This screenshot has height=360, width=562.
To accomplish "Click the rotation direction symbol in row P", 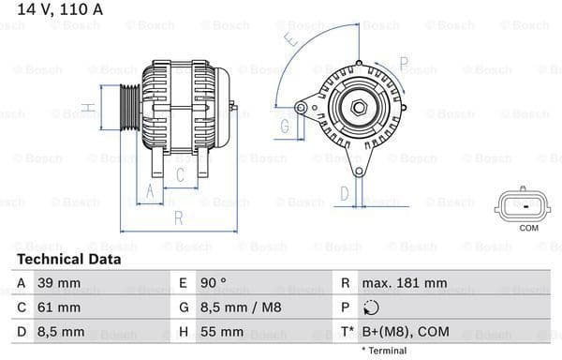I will click(372, 307).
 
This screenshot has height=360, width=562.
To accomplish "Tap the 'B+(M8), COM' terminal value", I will click(406, 332).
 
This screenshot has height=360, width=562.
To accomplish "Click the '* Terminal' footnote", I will click(382, 351).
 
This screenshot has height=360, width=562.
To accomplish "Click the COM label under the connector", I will click(528, 228).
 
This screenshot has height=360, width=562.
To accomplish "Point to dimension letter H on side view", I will click(87, 110).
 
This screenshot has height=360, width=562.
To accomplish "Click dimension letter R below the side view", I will click(178, 219).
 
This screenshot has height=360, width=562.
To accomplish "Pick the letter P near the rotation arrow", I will click(404, 64).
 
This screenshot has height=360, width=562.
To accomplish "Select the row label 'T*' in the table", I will click(346, 332).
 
